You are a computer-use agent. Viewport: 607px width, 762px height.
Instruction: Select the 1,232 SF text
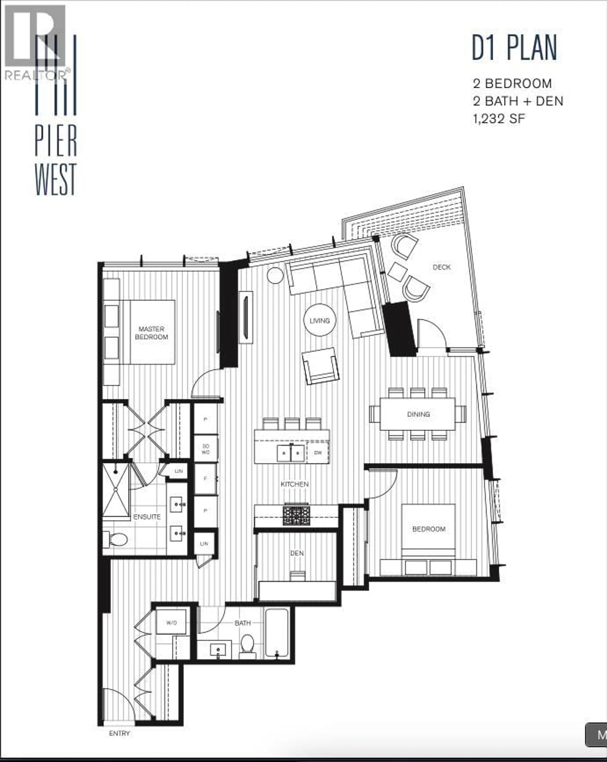(x=499, y=119)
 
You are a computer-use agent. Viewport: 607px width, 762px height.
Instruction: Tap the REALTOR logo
(x=35, y=42)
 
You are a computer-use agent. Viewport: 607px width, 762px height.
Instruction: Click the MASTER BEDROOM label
(x=151, y=333)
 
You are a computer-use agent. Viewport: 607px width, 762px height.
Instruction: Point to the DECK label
(x=442, y=267)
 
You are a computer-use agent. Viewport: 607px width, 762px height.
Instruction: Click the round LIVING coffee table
(x=319, y=320)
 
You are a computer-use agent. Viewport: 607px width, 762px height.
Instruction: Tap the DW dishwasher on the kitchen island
(x=318, y=453)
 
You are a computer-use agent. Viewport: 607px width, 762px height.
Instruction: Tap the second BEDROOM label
(x=429, y=529)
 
